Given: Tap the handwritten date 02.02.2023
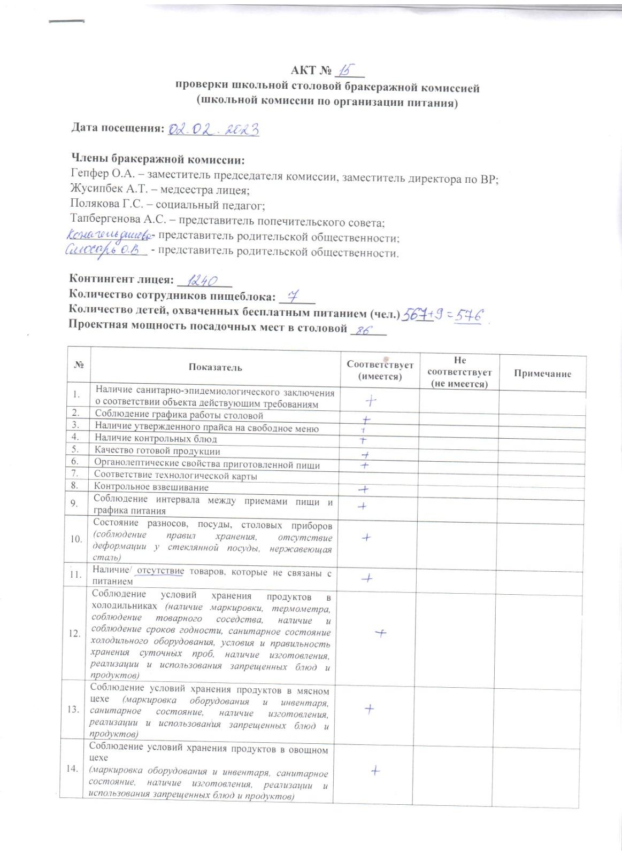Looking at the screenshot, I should tap(214, 129).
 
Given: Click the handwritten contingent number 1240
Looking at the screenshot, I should tap(203, 280).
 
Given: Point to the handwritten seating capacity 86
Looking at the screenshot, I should tap(364, 330).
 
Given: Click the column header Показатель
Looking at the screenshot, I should tap(215, 368).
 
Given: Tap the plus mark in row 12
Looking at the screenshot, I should tap(380, 633).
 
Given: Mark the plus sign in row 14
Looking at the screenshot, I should tap(375, 771).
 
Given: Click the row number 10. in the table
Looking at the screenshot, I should tap(76, 539).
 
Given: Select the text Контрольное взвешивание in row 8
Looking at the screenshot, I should tap(151, 487).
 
